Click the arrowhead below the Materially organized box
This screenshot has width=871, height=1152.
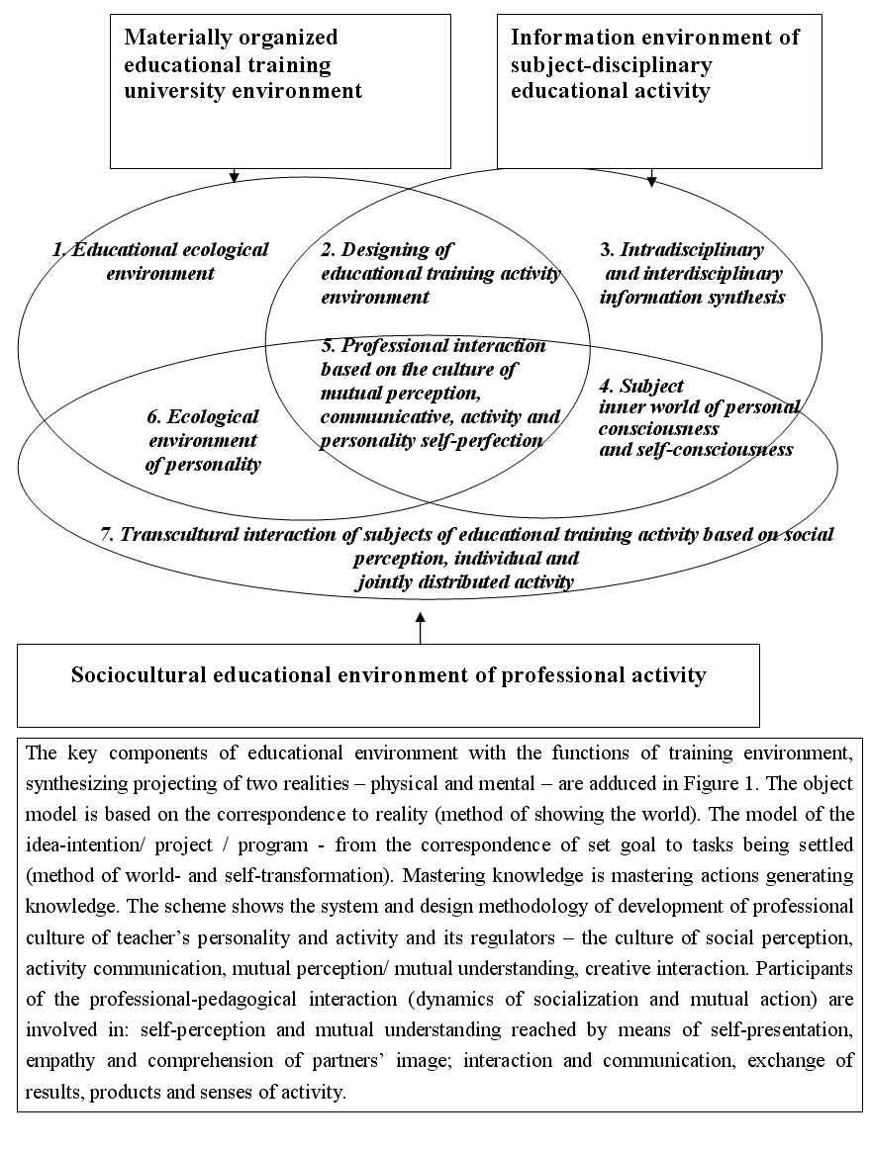(234, 178)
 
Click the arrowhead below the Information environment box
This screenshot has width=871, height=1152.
(651, 180)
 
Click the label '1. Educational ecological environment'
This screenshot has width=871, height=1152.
(160, 261)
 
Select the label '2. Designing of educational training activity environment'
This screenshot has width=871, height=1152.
(440, 273)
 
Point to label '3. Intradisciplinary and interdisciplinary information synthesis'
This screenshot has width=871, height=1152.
(692, 273)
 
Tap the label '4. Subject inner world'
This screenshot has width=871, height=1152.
(699, 417)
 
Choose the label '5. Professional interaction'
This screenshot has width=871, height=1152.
(440, 393)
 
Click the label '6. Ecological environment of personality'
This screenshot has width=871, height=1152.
(203, 440)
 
